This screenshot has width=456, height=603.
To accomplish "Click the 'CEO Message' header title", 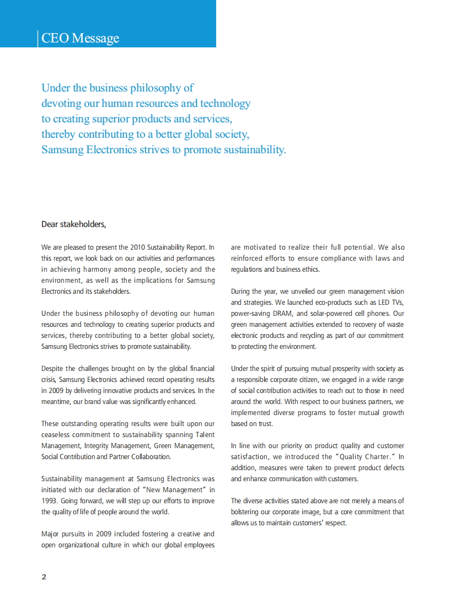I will point(81,38).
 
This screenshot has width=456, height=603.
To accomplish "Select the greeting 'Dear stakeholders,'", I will point(73,224).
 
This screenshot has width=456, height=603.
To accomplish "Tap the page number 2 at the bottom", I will point(44,577).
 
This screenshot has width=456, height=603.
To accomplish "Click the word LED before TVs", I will point(384,302).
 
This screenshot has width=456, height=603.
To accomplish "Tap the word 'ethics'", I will point(310,270).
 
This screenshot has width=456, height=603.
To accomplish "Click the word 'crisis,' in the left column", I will point(49,380).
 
